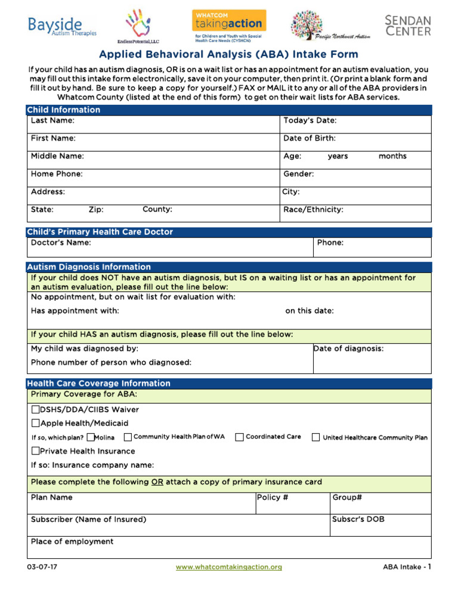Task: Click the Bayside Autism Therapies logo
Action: pos(62,26)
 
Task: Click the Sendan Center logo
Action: pos(407,26)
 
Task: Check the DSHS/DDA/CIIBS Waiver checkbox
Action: pos(35,410)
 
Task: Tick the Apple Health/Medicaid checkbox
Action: pos(35,424)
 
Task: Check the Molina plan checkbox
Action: pos(91,437)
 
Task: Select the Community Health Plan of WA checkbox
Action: pos(128,437)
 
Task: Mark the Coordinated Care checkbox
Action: pos(239,437)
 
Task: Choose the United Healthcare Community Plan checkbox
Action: pos(316,437)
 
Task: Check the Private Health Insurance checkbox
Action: pos(35,452)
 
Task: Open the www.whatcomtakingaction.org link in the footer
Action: pos(228,567)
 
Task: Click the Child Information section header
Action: pos(63,110)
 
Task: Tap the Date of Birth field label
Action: pos(309,138)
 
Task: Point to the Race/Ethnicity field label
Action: pos(313,210)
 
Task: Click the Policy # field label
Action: pos(273,497)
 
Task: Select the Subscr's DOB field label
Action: pos(358,519)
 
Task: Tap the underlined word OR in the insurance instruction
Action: pos(157,482)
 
